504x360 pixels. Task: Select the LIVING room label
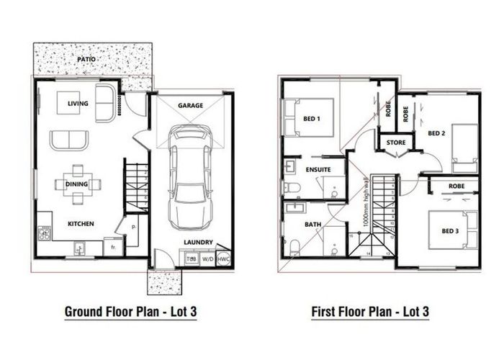78,104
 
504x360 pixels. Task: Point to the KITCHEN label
81,224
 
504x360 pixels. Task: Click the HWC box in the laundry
223,258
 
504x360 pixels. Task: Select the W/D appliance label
207,258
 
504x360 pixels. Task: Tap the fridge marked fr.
112,248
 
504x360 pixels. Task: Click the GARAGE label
190,105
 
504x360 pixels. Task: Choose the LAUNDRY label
196,243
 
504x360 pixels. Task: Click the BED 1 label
312,118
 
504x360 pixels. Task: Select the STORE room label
396,143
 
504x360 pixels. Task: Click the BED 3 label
450,230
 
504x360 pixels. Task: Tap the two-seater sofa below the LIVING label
69,139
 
